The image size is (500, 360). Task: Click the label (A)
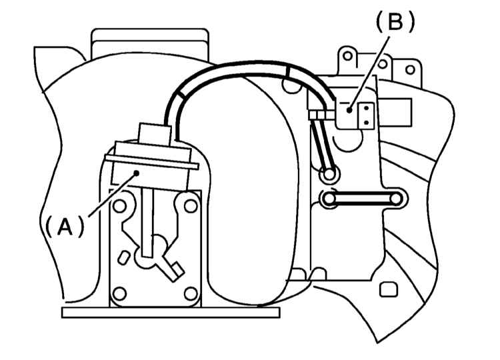65,226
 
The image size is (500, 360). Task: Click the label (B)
395,22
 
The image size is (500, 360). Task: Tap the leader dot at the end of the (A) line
137,173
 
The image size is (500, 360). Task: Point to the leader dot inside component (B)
349,110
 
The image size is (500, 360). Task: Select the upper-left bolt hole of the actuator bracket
120,206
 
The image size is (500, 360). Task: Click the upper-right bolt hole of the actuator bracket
191,206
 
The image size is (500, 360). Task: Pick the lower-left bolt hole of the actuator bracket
120,294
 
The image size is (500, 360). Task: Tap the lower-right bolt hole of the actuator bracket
191,294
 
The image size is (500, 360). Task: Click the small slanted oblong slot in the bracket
123,257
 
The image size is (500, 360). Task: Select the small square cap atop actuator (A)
154,133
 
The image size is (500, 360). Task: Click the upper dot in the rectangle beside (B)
366,108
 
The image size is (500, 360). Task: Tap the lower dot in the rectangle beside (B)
366,122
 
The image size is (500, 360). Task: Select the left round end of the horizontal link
329,199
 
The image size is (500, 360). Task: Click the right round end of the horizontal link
396,199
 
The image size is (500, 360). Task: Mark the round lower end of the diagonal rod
329,175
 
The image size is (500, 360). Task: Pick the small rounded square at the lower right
389,289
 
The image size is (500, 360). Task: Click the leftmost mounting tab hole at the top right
347,56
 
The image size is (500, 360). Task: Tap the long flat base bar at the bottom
171,313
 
